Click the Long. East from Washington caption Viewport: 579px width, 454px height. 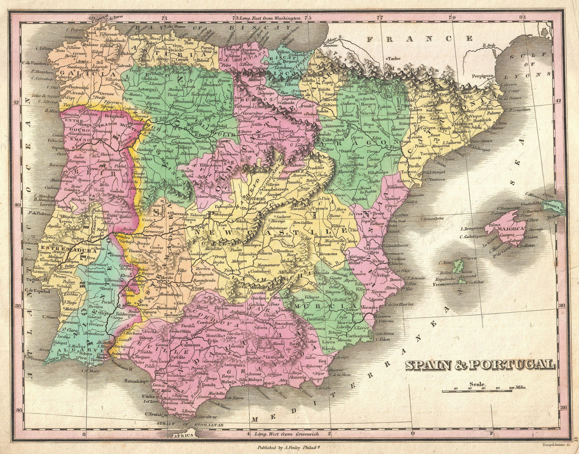[270, 19]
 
